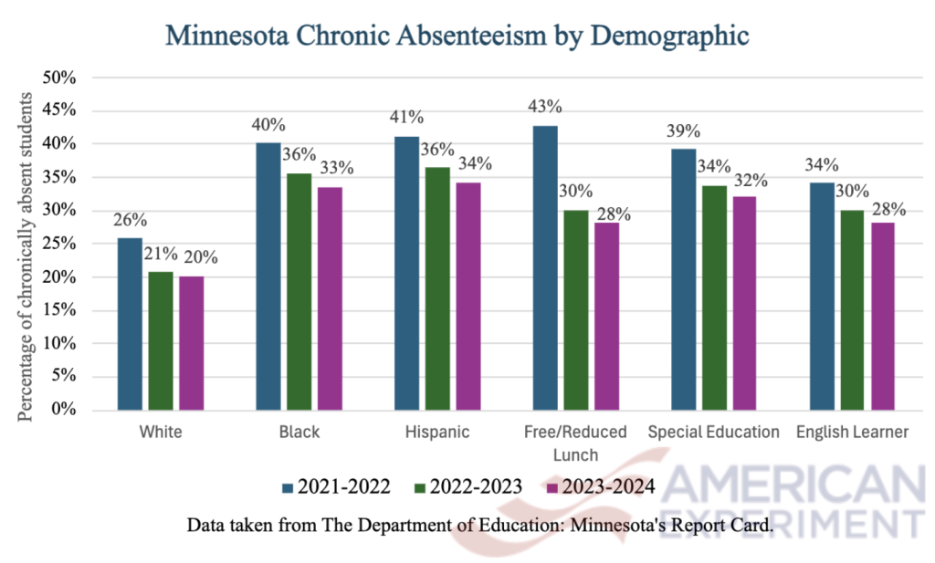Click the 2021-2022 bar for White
click(x=130, y=324)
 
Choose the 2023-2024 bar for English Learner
click(x=882, y=316)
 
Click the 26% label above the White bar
click(x=130, y=220)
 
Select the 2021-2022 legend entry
click(x=338, y=487)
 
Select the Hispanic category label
click(x=436, y=433)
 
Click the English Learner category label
click(x=851, y=433)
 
